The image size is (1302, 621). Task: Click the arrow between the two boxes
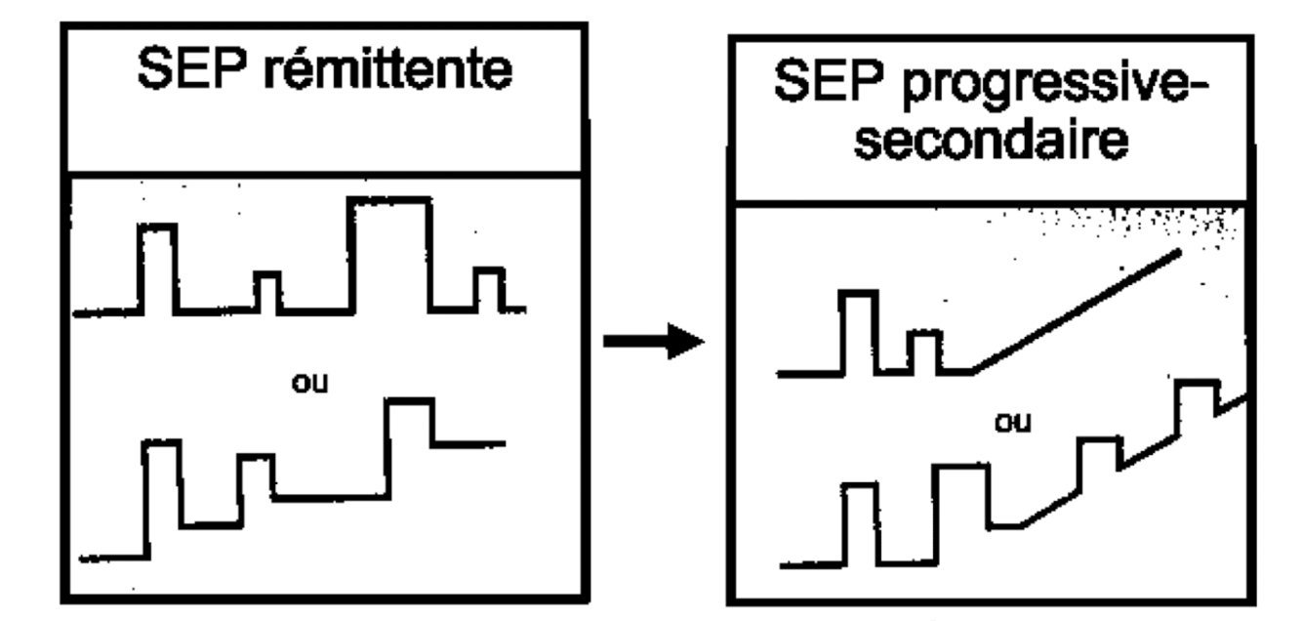point(653,343)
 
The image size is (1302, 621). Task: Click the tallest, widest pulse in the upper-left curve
point(389,254)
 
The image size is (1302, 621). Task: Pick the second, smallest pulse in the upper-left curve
point(266,291)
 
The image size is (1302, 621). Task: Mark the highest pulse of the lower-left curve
point(410,420)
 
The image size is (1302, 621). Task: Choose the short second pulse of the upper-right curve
point(923,352)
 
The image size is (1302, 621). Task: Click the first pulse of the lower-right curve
point(860,523)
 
